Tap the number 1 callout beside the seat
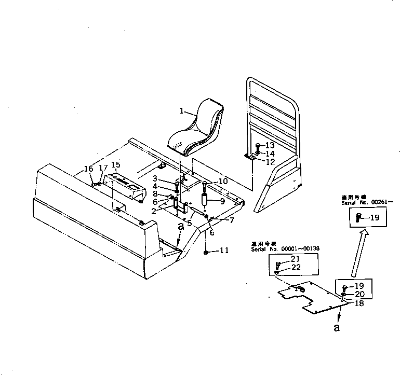(x=182, y=110)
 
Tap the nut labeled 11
(x=206, y=252)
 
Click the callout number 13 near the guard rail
(x=270, y=145)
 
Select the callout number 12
(x=270, y=162)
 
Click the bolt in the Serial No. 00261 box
(x=359, y=218)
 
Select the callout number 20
(x=359, y=294)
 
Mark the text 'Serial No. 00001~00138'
(x=285, y=248)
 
